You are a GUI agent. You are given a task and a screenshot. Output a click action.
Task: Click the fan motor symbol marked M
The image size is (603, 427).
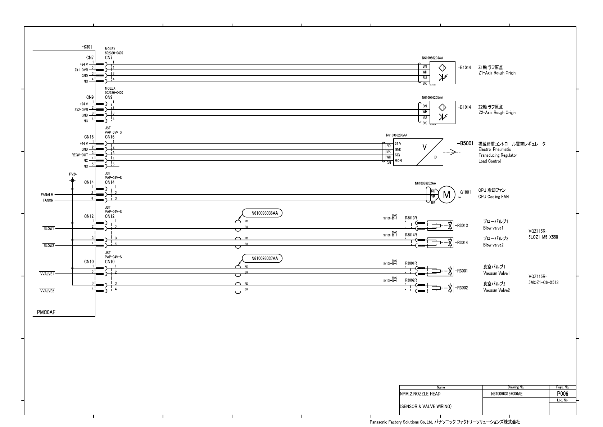pos(446,195)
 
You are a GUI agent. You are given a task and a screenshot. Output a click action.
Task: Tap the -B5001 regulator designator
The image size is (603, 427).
pos(466,143)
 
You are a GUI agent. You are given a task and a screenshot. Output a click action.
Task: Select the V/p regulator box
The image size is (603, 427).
pos(418,152)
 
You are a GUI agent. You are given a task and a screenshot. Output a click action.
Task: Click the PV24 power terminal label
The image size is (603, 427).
pos(73,174)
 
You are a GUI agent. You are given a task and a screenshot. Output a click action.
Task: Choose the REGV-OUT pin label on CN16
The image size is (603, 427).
pos(80,155)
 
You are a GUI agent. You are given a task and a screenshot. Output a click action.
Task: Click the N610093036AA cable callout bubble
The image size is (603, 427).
pos(262,213)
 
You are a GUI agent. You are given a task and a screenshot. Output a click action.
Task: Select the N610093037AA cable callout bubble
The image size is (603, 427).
pos(262,258)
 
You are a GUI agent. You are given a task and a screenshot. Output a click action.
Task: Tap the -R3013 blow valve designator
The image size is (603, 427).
pos(462,226)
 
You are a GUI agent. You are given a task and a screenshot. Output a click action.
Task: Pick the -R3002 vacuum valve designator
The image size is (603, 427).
pos(462,288)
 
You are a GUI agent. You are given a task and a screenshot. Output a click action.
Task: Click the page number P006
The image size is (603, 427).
pos(562,394)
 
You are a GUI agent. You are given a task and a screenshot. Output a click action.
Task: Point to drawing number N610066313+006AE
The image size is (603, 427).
pos(507,394)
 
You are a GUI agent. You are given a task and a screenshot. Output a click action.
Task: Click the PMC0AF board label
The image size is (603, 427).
pos(46,312)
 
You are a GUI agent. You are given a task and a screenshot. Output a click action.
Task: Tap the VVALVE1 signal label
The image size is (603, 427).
pos(47,274)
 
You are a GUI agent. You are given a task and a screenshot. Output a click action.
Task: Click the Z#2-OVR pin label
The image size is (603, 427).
pos(80,110)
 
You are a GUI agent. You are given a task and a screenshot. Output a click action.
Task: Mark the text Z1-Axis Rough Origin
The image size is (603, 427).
pos(497,73)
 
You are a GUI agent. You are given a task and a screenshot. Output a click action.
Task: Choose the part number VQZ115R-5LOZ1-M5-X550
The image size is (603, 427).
pos(543,234)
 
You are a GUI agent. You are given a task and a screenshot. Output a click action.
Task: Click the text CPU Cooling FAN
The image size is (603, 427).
pos(493,197)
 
